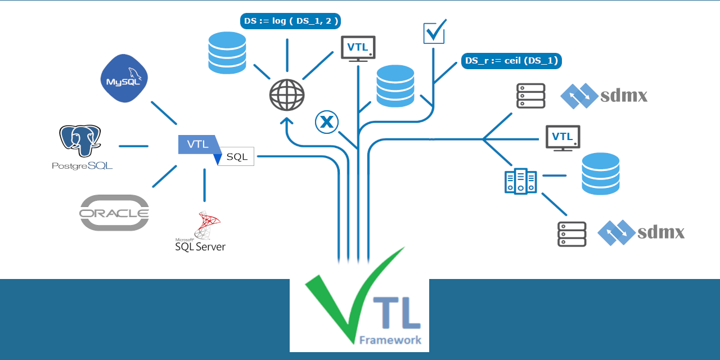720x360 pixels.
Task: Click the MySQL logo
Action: [x=124, y=78]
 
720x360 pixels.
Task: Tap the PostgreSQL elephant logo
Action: [x=80, y=141]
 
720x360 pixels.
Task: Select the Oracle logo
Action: [x=114, y=213]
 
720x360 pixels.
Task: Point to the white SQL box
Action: [x=237, y=157]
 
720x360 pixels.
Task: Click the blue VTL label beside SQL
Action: [x=197, y=144]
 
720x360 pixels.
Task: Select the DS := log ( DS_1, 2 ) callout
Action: [x=290, y=21]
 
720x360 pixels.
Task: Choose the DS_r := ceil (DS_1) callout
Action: [x=511, y=61]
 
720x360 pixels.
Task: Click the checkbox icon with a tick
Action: [x=434, y=33]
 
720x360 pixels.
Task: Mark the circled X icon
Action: [x=327, y=122]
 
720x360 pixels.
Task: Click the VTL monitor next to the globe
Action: [x=358, y=48]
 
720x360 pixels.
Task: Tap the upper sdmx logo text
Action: [x=624, y=96]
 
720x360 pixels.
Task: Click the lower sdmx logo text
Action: [x=661, y=232]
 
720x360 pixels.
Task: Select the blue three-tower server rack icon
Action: [x=521, y=182]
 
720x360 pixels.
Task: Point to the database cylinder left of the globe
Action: [x=227, y=53]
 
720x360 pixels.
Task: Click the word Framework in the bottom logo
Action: [x=390, y=340]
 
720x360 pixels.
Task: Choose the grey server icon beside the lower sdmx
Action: [x=571, y=234]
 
